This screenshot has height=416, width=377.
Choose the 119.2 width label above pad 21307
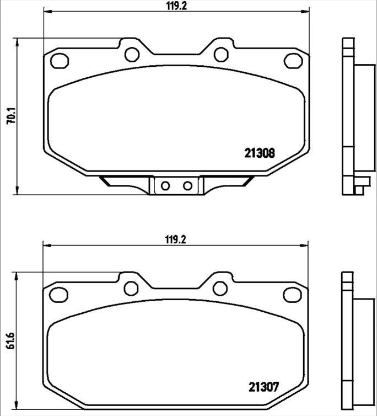175,239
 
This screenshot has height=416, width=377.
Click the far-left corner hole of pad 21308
57,60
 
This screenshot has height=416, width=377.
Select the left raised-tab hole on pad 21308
131,54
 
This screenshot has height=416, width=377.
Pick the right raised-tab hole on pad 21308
220,54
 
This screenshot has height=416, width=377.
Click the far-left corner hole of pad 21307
57,294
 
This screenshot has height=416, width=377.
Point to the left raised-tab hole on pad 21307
131,288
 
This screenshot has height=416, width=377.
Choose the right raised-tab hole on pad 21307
220,288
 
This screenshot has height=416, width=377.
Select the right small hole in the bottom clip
187,185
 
